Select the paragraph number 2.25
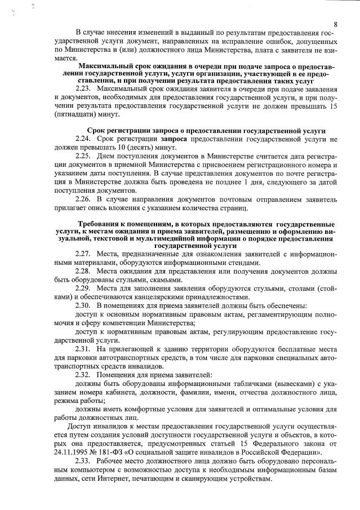pos(83,156)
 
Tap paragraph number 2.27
pos(83,254)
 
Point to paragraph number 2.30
pos(83,305)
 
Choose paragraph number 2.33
pos(83,462)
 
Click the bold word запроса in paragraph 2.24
pos(175,138)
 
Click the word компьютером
pos(94,470)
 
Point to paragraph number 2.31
pos(83,349)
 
